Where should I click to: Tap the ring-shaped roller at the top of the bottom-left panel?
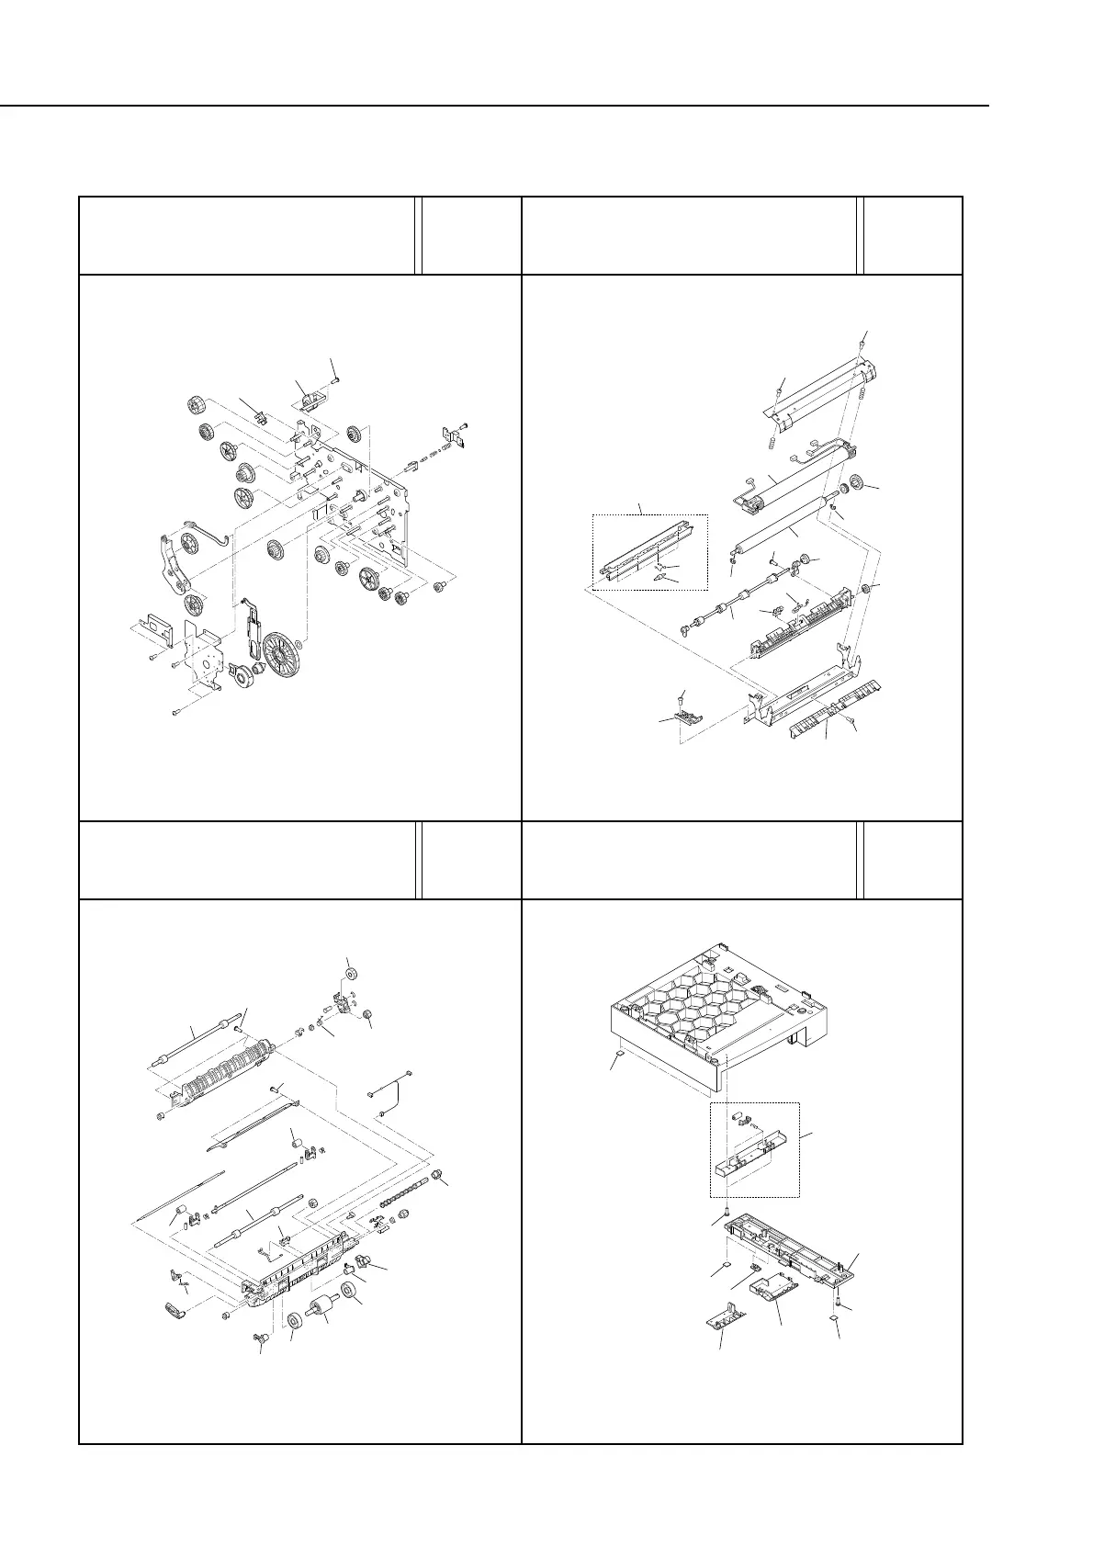pos(349,971)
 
